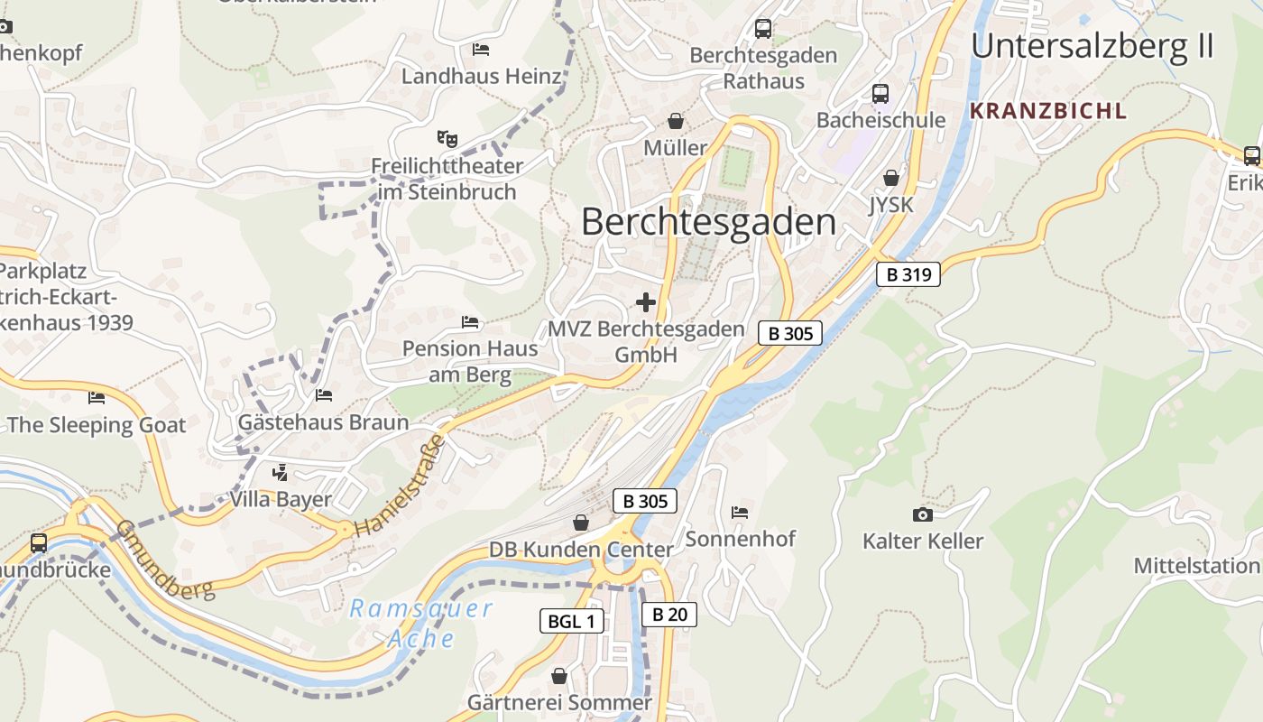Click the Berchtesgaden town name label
(x=708, y=222)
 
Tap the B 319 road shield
(x=908, y=274)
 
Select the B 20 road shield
(x=669, y=615)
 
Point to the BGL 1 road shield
(x=572, y=621)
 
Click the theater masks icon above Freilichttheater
(x=447, y=139)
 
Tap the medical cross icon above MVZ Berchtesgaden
(x=646, y=302)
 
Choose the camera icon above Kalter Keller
(x=922, y=514)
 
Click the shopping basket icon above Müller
(x=675, y=121)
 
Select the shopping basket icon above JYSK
(x=891, y=178)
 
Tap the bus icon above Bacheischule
(x=880, y=93)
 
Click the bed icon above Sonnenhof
(x=740, y=512)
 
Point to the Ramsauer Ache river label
(x=421, y=624)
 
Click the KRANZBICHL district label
(x=1047, y=111)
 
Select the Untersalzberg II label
(x=1092, y=45)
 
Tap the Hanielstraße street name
(x=401, y=486)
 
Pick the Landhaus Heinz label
(x=481, y=77)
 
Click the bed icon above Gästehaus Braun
(x=324, y=395)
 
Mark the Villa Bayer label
(x=281, y=499)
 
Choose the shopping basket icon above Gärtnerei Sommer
(x=559, y=676)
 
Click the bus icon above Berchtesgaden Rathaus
(x=763, y=29)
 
